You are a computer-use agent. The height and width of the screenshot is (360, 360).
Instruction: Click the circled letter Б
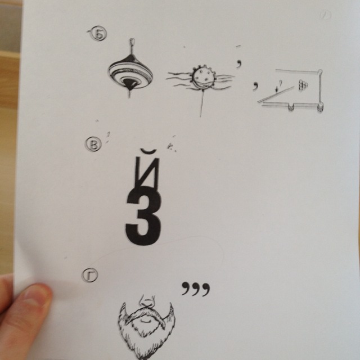coord(99,34)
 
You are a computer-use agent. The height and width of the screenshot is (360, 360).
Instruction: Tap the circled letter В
coord(93,144)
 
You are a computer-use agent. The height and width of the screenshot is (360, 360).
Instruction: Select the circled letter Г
coord(90,275)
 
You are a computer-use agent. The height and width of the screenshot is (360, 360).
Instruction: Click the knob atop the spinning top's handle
coord(132,42)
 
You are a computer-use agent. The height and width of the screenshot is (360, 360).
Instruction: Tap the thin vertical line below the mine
coord(202,103)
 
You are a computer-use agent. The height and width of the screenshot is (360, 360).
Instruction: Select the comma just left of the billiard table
coord(255,86)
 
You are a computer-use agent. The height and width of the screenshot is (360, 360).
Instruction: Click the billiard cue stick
coord(276,94)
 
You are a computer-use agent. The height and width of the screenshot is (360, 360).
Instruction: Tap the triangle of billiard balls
coord(303,85)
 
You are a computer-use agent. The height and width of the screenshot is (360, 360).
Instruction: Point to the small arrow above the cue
coord(277,89)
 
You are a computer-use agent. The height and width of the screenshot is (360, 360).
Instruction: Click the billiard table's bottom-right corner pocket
coord(321,107)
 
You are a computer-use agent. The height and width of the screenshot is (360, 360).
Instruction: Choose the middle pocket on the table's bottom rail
coord(291,107)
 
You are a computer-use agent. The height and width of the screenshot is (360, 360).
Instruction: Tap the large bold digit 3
coord(143,216)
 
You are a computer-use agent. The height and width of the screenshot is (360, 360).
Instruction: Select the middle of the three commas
coord(196,289)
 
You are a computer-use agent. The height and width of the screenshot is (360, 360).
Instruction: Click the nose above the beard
coord(147,301)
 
